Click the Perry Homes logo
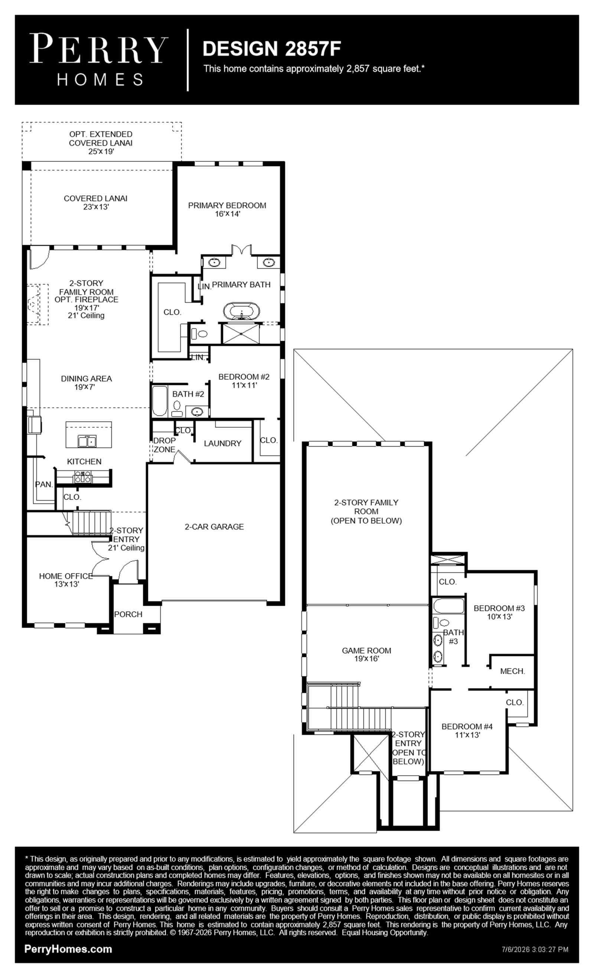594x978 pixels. [98, 59]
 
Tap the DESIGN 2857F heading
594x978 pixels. [272, 48]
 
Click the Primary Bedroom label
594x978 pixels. [227, 209]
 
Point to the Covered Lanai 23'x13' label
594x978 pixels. [96, 202]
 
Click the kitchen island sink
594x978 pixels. [87, 441]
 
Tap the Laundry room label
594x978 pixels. [222, 444]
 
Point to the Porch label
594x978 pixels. [128, 614]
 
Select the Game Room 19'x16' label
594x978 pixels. [366, 654]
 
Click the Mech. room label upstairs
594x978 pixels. [513, 671]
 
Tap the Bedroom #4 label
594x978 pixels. [467, 731]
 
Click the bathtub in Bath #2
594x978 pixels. [160, 400]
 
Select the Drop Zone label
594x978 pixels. [164, 445]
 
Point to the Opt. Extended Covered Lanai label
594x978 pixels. [101, 143]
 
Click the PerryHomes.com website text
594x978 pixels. [68, 949]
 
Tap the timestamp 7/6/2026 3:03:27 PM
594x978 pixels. [535, 949]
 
